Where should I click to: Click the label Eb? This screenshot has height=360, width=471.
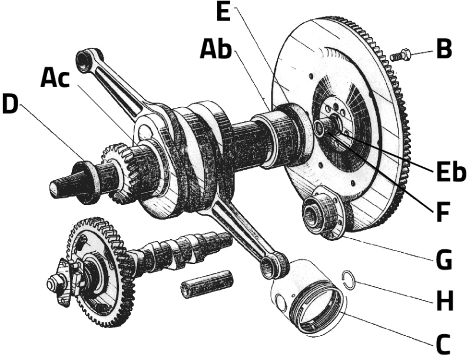coord(450,173)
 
